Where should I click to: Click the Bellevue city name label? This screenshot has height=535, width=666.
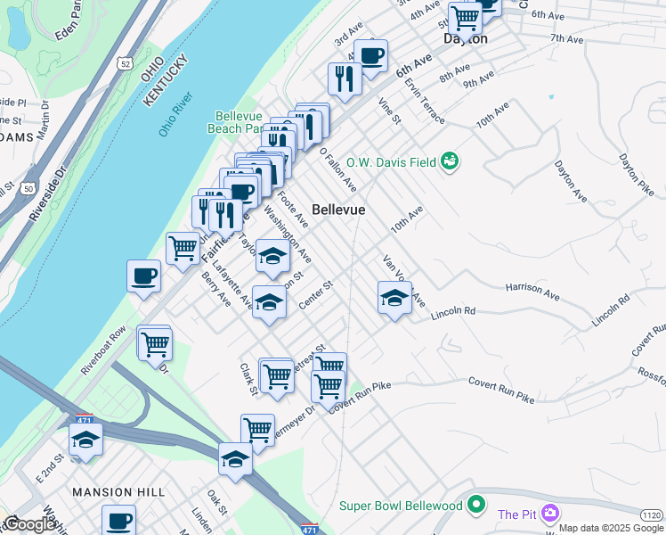tap(338, 209)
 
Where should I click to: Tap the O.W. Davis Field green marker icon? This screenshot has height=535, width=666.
tap(451, 161)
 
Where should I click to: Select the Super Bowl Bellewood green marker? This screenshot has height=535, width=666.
tap(476, 506)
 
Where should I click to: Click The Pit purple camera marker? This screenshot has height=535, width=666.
tap(549, 514)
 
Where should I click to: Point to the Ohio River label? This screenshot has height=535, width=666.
tap(175, 115)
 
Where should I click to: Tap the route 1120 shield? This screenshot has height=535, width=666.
tap(652, 514)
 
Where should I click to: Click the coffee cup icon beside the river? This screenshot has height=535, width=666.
tap(143, 276)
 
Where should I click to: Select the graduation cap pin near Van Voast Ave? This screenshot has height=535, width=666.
tap(394, 298)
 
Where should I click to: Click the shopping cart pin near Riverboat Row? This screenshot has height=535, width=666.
tap(155, 342)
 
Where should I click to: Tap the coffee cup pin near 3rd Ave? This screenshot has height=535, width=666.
tap(370, 55)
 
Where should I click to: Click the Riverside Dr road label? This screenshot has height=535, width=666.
tap(46, 193)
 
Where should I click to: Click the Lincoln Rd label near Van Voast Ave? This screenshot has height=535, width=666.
tap(453, 313)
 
